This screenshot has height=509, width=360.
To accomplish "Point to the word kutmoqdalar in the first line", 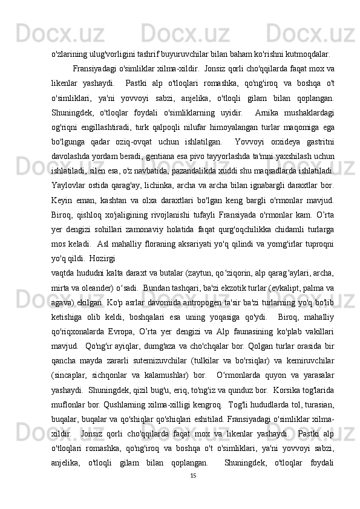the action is tap(306, 52).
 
